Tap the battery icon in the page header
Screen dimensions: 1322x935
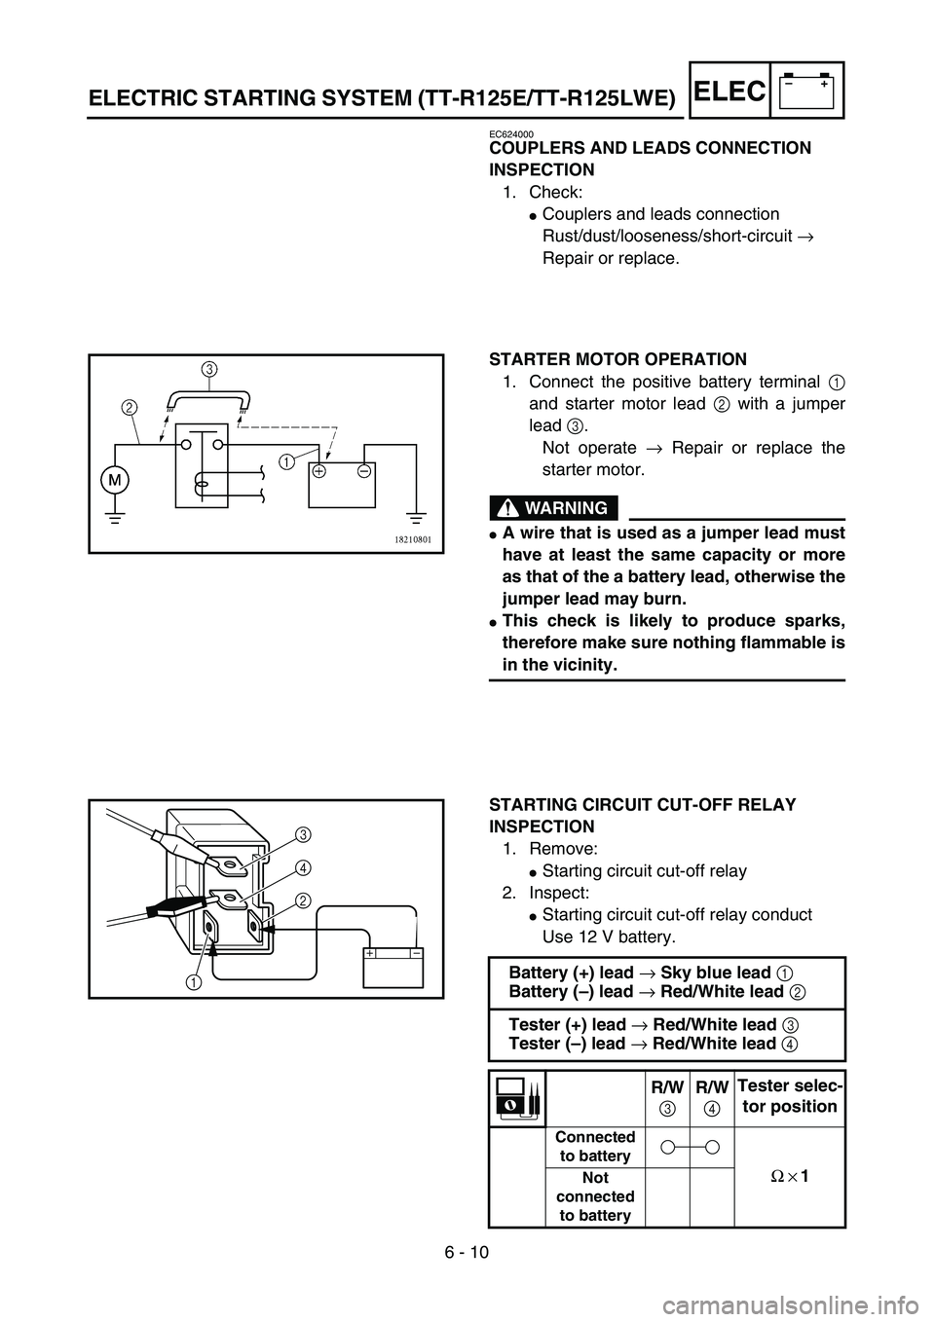coord(807,90)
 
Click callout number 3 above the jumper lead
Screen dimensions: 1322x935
coord(209,369)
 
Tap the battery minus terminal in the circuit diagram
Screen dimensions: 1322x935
coord(362,470)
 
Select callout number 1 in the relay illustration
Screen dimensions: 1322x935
coord(197,979)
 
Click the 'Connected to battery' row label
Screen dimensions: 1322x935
coord(594,1147)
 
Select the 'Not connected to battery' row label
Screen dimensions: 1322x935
coord(594,1196)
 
